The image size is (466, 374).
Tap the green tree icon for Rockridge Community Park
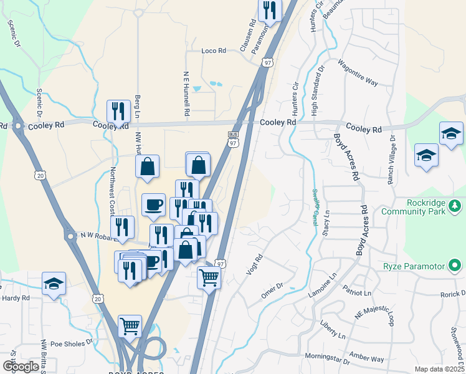(x=455, y=205)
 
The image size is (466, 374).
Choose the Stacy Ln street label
(x=326, y=223)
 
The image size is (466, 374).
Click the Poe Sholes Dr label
(x=71, y=342)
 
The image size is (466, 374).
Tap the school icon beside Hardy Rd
(x=54, y=284)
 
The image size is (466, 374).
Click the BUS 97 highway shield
(x=234, y=138)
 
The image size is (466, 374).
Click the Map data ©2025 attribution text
(x=440, y=369)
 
